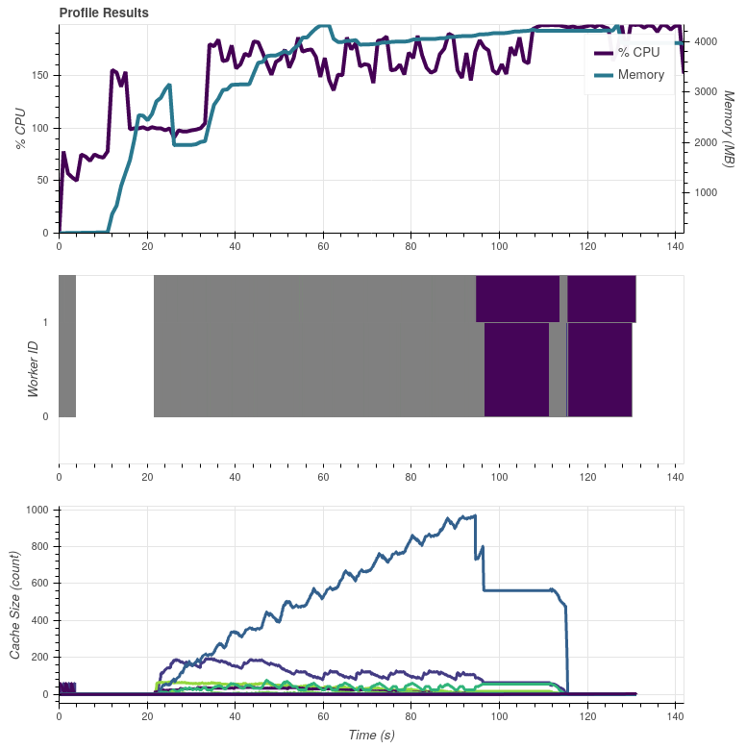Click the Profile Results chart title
pyautogui.click(x=104, y=13)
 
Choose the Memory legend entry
pyautogui.click(x=640, y=75)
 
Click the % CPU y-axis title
pyautogui.click(x=20, y=128)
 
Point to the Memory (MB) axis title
pyautogui.click(x=728, y=128)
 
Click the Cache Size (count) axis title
pyautogui.click(x=16, y=605)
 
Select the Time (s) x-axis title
pyautogui.click(x=371, y=735)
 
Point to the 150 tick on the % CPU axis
pyautogui.click(x=42, y=75)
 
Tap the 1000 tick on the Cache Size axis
pyautogui.click(x=37, y=510)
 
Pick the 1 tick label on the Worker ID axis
pyautogui.click(x=46, y=322)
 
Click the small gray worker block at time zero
pyautogui.click(x=67, y=346)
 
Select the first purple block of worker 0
pyautogui.click(x=516, y=369)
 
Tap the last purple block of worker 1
pyautogui.click(x=601, y=298)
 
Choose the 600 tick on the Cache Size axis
pyautogui.click(x=39, y=584)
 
